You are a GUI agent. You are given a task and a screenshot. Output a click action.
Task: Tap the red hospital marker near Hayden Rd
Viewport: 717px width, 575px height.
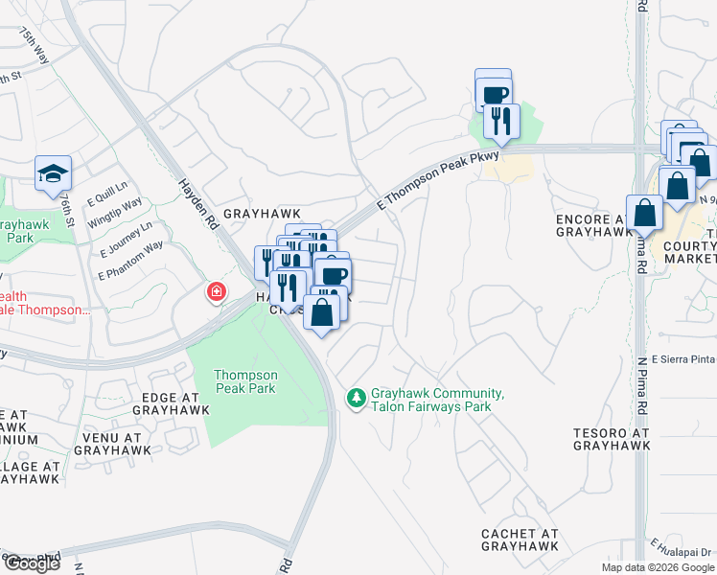tap(218, 290)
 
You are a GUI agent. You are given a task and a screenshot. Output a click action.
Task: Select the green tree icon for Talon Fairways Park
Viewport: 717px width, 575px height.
tap(357, 397)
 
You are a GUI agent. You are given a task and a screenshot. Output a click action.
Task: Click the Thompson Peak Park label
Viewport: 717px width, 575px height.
tap(245, 381)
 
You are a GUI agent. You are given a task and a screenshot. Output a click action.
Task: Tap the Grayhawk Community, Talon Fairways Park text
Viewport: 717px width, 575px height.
tap(438, 401)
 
